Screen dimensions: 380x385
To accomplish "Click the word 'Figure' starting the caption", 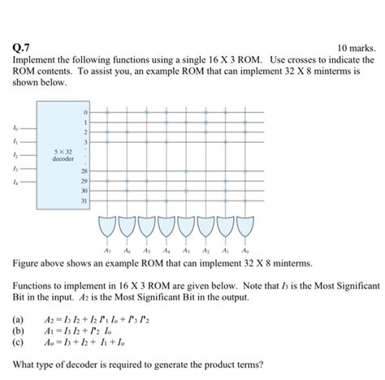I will (x=26, y=264).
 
